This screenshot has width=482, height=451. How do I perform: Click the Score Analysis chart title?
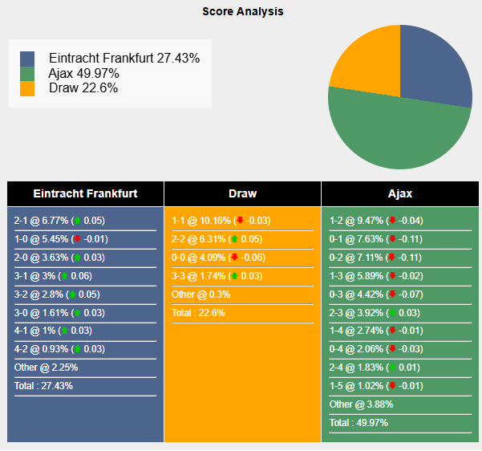pyautogui.click(x=242, y=12)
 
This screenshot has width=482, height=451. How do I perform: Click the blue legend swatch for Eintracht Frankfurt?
pyautogui.click(x=27, y=59)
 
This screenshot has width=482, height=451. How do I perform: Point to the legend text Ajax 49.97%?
pyautogui.click(x=83, y=73)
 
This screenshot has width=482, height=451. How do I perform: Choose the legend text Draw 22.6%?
pyautogui.click(x=83, y=87)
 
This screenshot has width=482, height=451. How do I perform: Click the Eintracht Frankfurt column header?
pyautogui.click(x=85, y=193)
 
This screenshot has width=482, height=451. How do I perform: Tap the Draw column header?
pyautogui.click(x=242, y=193)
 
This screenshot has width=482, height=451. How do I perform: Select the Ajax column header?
pyautogui.click(x=399, y=193)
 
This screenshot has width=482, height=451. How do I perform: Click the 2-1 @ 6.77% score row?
pyautogui.click(x=60, y=221)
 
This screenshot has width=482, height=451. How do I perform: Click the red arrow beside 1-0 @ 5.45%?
pyautogui.click(x=77, y=239)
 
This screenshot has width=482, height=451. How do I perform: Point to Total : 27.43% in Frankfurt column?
pyautogui.click(x=43, y=386)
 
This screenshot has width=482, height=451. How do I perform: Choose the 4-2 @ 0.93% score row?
pyautogui.click(x=60, y=349)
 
